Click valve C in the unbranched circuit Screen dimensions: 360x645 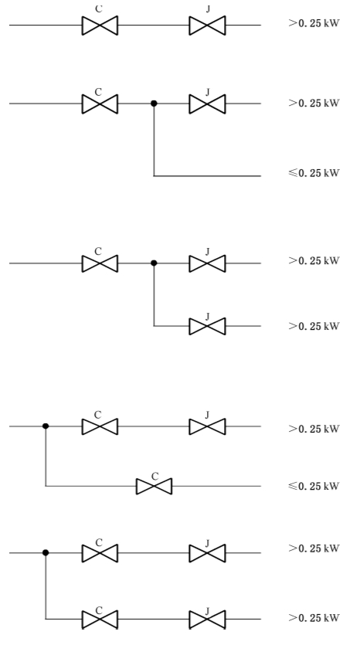(100, 25)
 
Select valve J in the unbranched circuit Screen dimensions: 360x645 (207, 25)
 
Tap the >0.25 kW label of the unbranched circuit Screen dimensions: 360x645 (314, 23)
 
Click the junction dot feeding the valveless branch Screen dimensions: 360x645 (154, 104)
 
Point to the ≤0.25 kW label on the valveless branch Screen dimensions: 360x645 (314, 173)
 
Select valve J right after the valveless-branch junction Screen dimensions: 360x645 (207, 104)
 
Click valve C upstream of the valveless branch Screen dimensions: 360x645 (100, 104)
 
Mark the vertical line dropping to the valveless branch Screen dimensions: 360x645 (154, 140)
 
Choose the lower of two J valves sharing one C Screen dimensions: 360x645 (207, 326)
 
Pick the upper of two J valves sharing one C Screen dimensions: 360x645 (207, 263)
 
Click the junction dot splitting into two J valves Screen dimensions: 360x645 (154, 263)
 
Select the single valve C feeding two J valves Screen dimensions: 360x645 (100, 263)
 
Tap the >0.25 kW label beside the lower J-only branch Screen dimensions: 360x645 (314, 326)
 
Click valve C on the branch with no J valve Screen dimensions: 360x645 (154, 486)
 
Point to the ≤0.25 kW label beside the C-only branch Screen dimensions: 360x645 (314, 486)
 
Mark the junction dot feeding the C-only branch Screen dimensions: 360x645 (46, 426)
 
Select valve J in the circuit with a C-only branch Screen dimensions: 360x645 (207, 426)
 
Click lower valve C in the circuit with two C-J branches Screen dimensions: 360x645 (100, 619)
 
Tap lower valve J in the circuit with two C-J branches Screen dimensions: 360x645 (207, 619)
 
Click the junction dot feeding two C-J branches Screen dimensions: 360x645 (46, 553)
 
